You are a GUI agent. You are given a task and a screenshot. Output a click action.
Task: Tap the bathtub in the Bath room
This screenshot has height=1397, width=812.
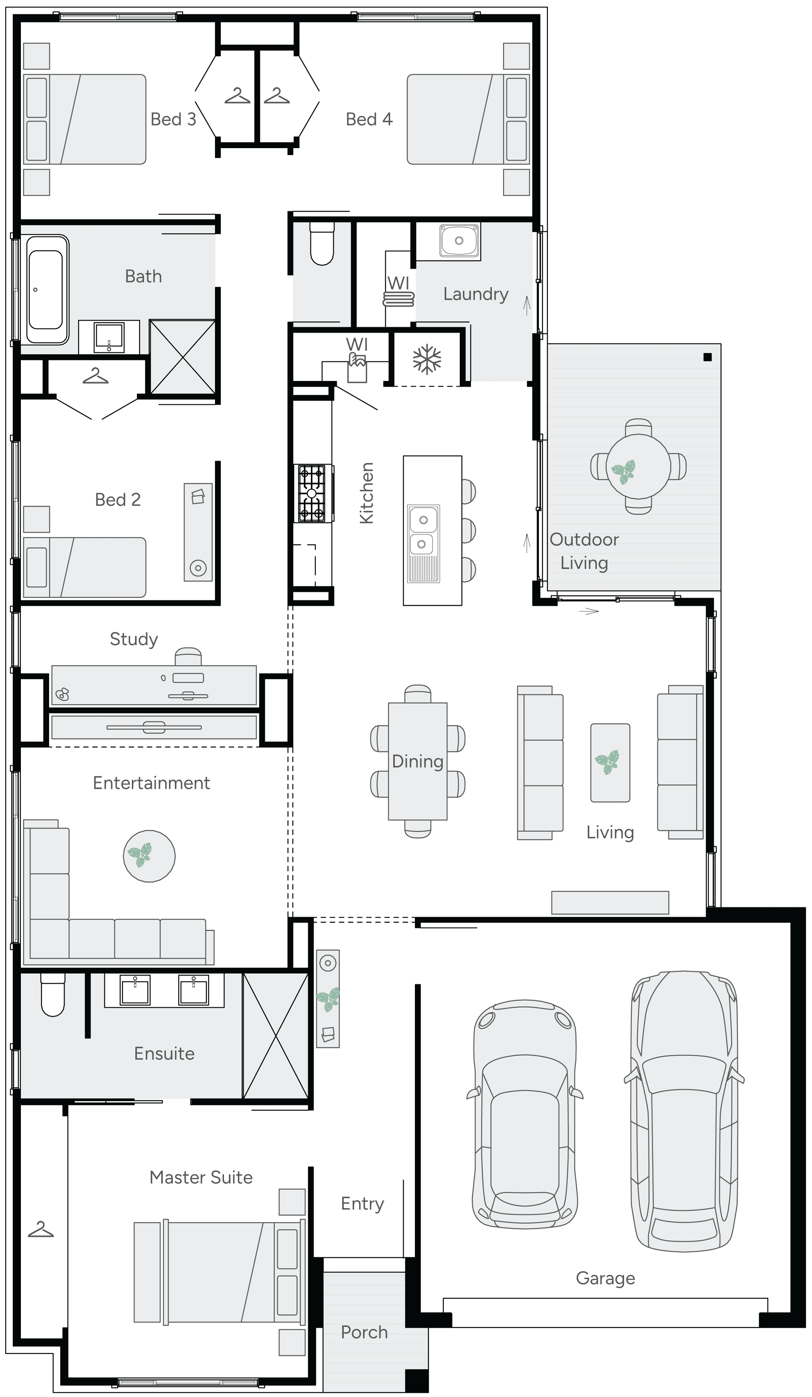pos(46,289)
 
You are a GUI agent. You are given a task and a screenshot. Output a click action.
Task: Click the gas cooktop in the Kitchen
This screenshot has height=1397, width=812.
pos(312,493)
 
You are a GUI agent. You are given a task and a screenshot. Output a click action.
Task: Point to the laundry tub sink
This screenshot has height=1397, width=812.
pos(459,241)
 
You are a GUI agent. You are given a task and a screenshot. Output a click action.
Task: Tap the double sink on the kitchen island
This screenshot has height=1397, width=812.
pos(423,532)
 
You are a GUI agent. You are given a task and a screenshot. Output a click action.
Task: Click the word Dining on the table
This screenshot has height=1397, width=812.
pos(417,761)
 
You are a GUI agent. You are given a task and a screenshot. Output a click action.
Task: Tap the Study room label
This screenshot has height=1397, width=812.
pos(133,639)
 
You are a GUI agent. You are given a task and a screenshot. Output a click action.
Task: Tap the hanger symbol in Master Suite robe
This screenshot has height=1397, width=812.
pos(41,1230)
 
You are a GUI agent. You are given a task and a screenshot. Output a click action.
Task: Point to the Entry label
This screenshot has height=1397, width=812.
pos(362,1204)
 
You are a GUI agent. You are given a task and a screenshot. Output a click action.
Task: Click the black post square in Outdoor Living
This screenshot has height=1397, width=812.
pos(707,357)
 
